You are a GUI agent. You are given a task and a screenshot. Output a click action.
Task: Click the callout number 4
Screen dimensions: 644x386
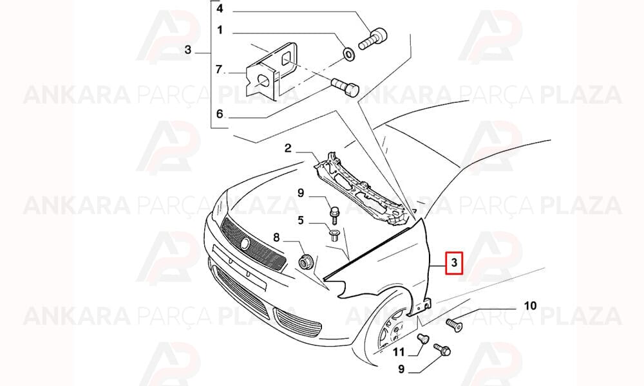pyautogui.click(x=220, y=8)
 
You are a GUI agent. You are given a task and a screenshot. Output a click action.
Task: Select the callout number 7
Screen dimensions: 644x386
pyautogui.click(x=220, y=69)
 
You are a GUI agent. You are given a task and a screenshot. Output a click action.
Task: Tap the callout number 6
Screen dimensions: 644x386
pyautogui.click(x=220, y=114)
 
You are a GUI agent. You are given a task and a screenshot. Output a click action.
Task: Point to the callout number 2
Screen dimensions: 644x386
pyautogui.click(x=288, y=148)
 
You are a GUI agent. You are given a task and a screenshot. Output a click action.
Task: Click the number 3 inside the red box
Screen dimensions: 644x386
pyautogui.click(x=454, y=262)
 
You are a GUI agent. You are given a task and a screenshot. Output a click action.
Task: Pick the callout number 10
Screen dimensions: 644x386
pyautogui.click(x=530, y=306)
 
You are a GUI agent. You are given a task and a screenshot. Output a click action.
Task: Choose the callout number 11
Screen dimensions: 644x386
pyautogui.click(x=399, y=352)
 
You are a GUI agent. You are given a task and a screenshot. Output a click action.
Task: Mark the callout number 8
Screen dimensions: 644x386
pyautogui.click(x=276, y=237)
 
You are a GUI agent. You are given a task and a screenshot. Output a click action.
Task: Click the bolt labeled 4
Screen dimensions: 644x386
pyautogui.click(x=373, y=39)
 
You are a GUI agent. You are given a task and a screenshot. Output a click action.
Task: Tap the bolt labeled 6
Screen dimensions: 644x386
pyautogui.click(x=345, y=87)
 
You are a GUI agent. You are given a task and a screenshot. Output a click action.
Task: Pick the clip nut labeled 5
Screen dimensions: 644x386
pyautogui.click(x=334, y=236)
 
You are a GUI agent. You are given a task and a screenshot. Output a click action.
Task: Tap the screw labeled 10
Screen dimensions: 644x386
pyautogui.click(x=454, y=324)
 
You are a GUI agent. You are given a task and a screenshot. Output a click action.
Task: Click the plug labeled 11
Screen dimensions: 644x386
pyautogui.click(x=422, y=339)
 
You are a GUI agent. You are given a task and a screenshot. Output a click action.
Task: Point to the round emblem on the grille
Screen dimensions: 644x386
pyautogui.click(x=245, y=244)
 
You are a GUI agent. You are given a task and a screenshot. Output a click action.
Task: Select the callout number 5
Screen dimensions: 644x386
pyautogui.click(x=301, y=220)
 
